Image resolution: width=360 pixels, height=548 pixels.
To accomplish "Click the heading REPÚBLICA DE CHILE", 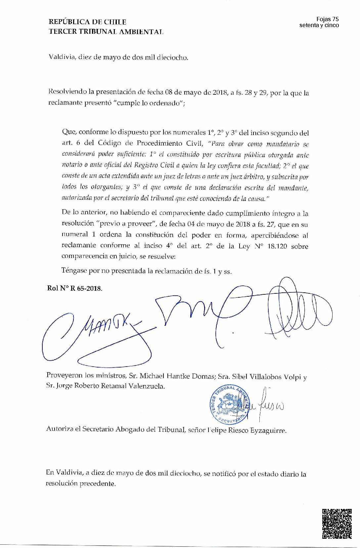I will (87, 22).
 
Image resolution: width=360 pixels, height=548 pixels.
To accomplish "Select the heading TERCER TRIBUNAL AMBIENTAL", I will (106, 32).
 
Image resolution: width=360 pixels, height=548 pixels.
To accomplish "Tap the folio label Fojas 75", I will (328, 19).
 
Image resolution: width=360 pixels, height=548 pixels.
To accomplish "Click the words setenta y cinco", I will (319, 25).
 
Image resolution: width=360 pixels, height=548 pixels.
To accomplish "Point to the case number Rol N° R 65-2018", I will (75, 288).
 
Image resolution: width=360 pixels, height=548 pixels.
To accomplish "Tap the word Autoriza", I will (59, 430).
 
